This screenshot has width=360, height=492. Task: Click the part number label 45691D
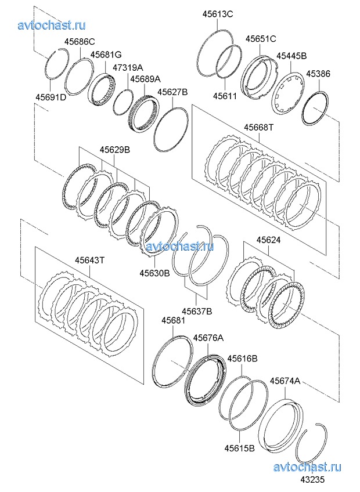51,97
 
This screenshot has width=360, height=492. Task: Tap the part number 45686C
80,42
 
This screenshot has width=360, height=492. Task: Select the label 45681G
106,55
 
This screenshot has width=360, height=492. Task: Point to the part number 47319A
128,67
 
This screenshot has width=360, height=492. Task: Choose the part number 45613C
217,15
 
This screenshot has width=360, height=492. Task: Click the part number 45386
318,74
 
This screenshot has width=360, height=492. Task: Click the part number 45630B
154,272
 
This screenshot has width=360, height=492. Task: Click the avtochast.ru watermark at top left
52,25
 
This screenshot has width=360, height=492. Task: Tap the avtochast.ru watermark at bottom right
307,468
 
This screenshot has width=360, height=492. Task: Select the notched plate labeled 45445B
289,96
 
